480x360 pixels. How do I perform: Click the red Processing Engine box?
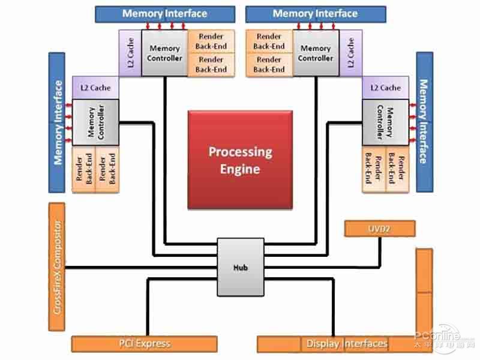240,160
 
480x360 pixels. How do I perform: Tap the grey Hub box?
240,267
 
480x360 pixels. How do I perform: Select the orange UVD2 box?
380,228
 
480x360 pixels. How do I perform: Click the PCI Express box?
144,344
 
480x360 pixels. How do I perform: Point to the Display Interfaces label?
347,344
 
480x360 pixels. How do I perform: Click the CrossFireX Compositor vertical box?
56,267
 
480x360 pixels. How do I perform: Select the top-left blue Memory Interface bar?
165,14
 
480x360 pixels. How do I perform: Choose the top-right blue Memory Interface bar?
315,14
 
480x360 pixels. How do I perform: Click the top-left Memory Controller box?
164,53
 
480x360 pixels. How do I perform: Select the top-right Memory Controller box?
316,53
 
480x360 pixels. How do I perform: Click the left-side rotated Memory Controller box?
95,123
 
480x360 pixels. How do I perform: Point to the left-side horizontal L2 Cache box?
95,88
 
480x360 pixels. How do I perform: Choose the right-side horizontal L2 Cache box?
385,88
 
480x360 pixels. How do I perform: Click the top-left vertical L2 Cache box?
130,53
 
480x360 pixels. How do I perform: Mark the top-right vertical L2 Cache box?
350,53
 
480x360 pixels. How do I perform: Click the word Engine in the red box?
240,169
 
